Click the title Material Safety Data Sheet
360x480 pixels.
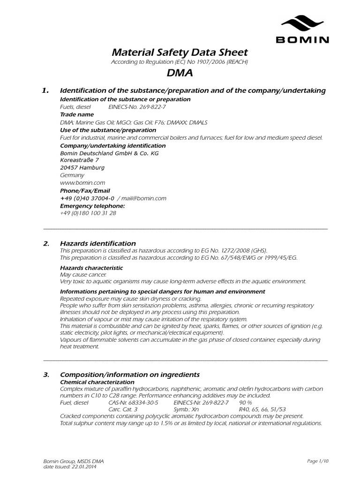click(179, 52)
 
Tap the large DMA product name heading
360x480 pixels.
click(180, 73)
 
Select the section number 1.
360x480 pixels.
click(45, 90)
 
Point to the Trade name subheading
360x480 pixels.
click(77, 114)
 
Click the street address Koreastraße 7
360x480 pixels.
click(80, 160)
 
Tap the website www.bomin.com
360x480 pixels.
click(82, 182)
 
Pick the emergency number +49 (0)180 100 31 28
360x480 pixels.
click(88, 213)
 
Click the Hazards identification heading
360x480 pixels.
click(98, 243)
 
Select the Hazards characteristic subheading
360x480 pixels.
click(91, 268)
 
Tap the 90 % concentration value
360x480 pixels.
click(246, 403)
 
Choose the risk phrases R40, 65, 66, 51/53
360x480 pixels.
click(262, 409)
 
